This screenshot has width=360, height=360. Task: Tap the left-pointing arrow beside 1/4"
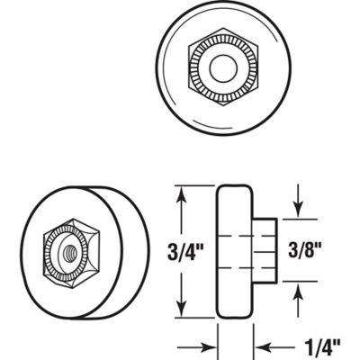(263, 345)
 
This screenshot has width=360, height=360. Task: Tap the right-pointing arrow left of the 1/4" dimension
(209, 345)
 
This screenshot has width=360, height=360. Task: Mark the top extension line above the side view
(193, 184)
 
